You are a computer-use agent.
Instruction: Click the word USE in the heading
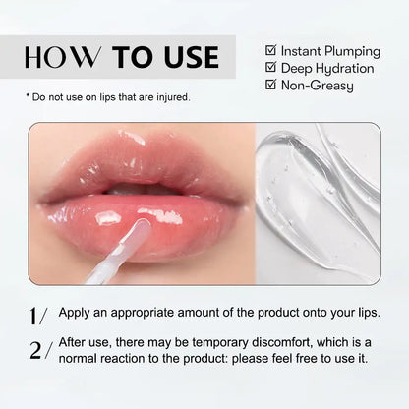(193, 56)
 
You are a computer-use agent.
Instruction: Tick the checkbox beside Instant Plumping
(270, 50)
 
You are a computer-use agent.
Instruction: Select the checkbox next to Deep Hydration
(270, 68)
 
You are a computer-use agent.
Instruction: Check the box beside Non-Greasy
(270, 86)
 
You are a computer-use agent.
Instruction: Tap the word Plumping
(348, 50)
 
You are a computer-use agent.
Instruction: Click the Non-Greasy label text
(321, 86)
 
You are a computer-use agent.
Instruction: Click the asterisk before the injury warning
(28, 97)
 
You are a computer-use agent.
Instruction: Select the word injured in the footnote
(173, 96)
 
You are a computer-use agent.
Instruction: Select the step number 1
(37, 316)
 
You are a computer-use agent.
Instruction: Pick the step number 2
(37, 348)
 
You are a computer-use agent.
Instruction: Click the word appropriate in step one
(140, 313)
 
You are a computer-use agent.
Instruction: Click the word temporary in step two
(185, 341)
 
